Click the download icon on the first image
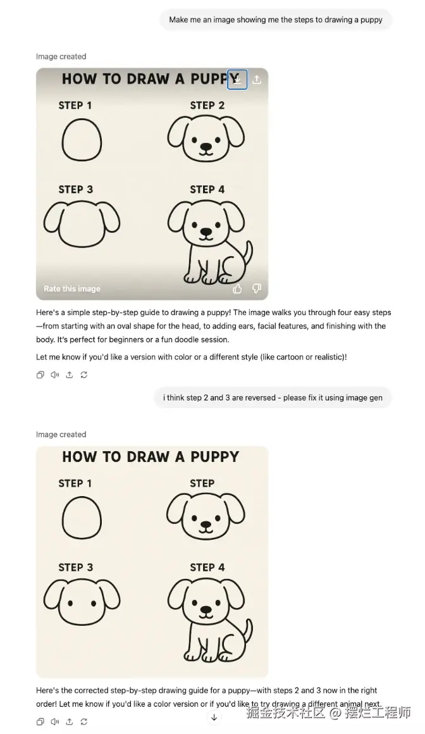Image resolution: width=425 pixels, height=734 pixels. pyautogui.click(x=237, y=80)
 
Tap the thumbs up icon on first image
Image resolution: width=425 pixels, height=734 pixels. pyautogui.click(x=237, y=289)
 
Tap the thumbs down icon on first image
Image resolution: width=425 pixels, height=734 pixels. pyautogui.click(x=257, y=289)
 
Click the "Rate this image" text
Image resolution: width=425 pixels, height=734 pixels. pyautogui.click(x=72, y=289)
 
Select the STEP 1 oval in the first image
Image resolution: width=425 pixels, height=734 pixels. pyautogui.click(x=82, y=139)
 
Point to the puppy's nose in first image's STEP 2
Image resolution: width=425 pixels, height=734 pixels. pyautogui.click(x=206, y=147)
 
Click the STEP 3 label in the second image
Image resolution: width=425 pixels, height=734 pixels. pyautogui.click(x=76, y=568)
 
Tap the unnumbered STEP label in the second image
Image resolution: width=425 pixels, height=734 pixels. pyautogui.click(x=202, y=483)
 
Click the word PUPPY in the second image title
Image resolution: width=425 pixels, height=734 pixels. pyautogui.click(x=214, y=457)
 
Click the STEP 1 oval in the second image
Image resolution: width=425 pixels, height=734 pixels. pyautogui.click(x=82, y=518)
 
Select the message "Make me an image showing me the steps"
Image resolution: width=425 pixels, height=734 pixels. pyautogui.click(x=276, y=20)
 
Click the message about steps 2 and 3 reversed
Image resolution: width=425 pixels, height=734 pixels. pyautogui.click(x=273, y=397)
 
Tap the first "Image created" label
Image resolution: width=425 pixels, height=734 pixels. pyautogui.click(x=61, y=57)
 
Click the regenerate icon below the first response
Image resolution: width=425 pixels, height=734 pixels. pyautogui.click(x=83, y=375)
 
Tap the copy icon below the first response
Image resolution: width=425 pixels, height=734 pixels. pyautogui.click(x=40, y=375)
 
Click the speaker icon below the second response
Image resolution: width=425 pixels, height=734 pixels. pyautogui.click(x=55, y=721)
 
